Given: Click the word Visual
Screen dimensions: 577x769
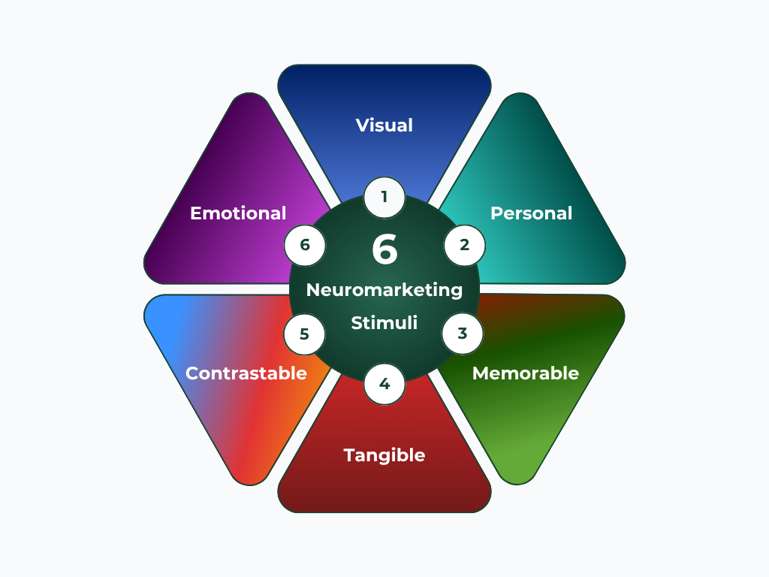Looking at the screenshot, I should (x=384, y=125).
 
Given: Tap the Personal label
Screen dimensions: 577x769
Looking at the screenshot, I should (x=531, y=213).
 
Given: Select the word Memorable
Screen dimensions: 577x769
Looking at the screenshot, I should (x=525, y=373).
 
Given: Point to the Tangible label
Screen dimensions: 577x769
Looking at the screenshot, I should (x=384, y=455).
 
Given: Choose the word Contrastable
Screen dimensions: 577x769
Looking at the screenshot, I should (x=246, y=373).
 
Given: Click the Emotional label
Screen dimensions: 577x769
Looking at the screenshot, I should (x=238, y=213).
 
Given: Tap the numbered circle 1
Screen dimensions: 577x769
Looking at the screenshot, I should (x=384, y=198).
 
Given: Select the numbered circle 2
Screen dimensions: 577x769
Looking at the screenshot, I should (x=464, y=245).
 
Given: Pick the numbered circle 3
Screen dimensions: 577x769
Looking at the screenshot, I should (x=463, y=334).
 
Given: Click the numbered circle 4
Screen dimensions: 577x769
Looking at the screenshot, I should (x=384, y=384).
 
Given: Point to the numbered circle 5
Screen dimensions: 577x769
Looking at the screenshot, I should (x=304, y=334).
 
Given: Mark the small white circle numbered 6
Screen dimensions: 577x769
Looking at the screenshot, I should (x=305, y=245).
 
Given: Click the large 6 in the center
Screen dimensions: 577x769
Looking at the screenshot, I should (x=384, y=250).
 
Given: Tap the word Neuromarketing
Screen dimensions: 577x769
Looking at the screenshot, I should (x=384, y=289).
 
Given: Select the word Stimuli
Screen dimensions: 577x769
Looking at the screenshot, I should (x=384, y=323).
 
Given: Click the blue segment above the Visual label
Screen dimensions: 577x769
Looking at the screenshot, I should (x=384, y=86).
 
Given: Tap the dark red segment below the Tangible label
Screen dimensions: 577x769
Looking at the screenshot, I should (x=384, y=492).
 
